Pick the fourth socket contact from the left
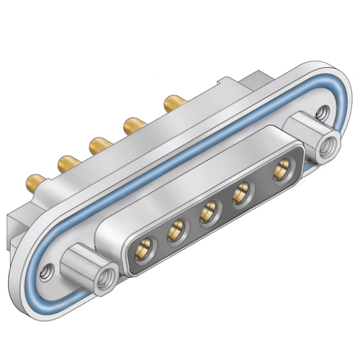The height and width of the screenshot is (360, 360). point(243,193)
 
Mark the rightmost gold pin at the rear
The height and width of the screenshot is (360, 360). point(171,102)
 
